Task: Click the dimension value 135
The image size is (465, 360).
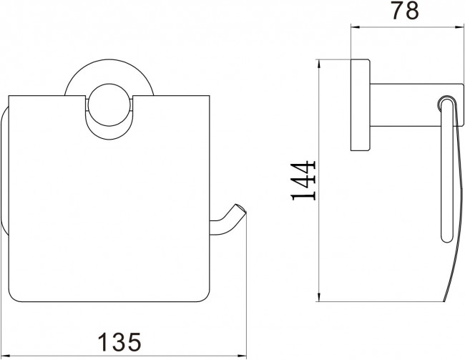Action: point(119,341)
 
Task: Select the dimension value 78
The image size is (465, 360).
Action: point(406,11)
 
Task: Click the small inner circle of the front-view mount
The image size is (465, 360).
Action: point(109,104)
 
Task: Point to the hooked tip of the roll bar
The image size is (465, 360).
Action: point(241,209)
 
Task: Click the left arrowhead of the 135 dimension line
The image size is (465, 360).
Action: point(5,355)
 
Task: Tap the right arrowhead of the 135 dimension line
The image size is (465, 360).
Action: point(243,355)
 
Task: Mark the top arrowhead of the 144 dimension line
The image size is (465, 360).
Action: point(319,64)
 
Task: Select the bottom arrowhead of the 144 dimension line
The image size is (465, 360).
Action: point(319,297)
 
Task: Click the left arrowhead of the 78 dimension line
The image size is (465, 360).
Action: point(355,27)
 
